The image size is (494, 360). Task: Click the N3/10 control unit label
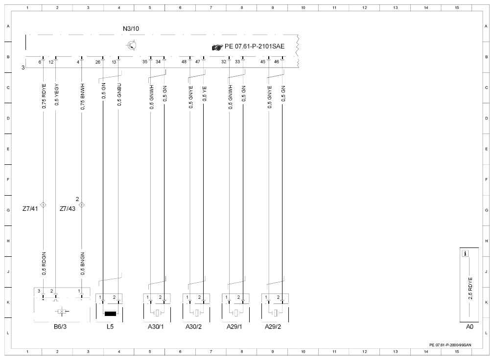pos(131,29)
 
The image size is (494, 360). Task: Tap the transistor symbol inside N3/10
pos(131,45)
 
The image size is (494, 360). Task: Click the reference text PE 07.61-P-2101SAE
pos(255,46)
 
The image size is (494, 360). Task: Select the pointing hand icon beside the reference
pos(217,47)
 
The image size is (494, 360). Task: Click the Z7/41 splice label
pos(30,209)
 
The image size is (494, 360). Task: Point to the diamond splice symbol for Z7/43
pos(82,205)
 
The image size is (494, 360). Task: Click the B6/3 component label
pos(60,327)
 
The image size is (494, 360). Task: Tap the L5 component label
pos(110,327)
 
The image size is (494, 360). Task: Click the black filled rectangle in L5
pos(110,314)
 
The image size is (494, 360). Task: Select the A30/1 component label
pos(156,327)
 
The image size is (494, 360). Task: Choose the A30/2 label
pos(193,327)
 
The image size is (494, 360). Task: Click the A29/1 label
pos(235,327)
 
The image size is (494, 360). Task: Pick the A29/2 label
pos(273,327)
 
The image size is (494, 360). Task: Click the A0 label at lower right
pos(470,327)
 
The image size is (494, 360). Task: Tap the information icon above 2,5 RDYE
pos(465,253)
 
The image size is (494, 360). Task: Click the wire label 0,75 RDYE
pos(44,96)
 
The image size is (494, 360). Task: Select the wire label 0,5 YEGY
pos(56,94)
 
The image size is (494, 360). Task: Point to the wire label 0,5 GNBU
pos(119,94)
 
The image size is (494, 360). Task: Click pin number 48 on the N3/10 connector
pos(184,62)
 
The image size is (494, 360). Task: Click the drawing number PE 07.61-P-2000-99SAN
pos(450,345)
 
